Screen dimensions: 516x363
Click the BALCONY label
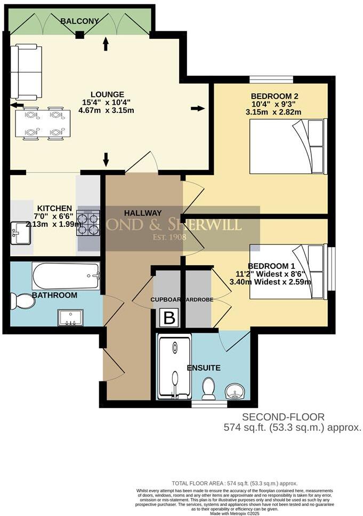click(x=80, y=21)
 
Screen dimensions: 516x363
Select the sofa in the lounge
click(x=26, y=72)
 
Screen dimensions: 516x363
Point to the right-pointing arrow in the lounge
click(x=197, y=109)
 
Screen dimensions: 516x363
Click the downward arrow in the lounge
click(x=106, y=159)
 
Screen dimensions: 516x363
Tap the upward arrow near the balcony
click(x=106, y=44)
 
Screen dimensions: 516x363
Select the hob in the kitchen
click(x=88, y=223)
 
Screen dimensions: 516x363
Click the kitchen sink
click(x=21, y=233)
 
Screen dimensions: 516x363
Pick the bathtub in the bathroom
click(x=66, y=276)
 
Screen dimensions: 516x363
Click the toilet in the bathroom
click(x=22, y=301)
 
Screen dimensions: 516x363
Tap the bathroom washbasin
click(x=70, y=318)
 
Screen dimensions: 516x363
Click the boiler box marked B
click(x=169, y=318)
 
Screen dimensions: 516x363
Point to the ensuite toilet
click(x=208, y=388)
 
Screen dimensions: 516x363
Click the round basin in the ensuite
click(x=235, y=391)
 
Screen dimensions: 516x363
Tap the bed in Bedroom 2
click(x=287, y=146)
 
